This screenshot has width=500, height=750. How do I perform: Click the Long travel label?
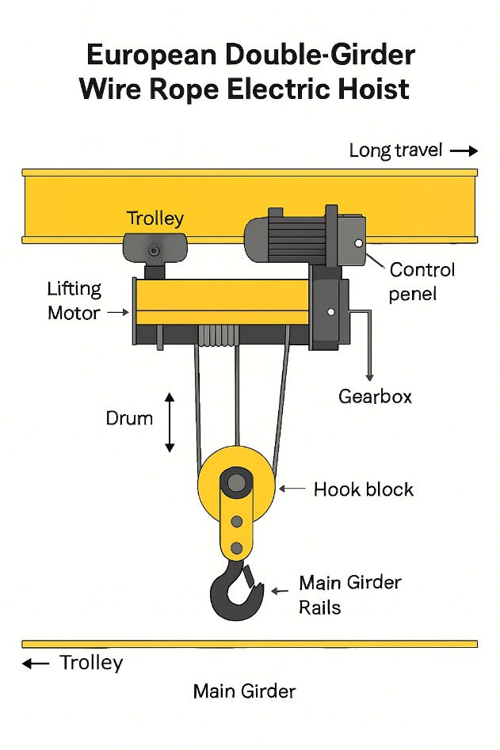(395, 150)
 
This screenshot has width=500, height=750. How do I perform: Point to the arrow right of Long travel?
(464, 150)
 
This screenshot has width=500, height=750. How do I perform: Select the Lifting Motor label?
(74, 301)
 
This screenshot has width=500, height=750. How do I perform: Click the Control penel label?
(422, 281)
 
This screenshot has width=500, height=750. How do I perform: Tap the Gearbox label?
(375, 396)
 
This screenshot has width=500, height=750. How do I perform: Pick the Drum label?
(129, 417)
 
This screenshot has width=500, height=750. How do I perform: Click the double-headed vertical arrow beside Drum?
(169, 421)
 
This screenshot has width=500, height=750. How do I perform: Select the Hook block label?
(363, 489)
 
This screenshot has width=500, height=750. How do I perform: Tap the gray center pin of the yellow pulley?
(235, 482)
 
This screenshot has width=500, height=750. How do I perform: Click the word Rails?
(320, 607)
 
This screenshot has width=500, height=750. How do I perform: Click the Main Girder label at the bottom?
(244, 691)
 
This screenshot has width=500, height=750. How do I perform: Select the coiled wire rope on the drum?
(218, 336)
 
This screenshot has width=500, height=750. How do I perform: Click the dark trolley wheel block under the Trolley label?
(154, 249)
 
